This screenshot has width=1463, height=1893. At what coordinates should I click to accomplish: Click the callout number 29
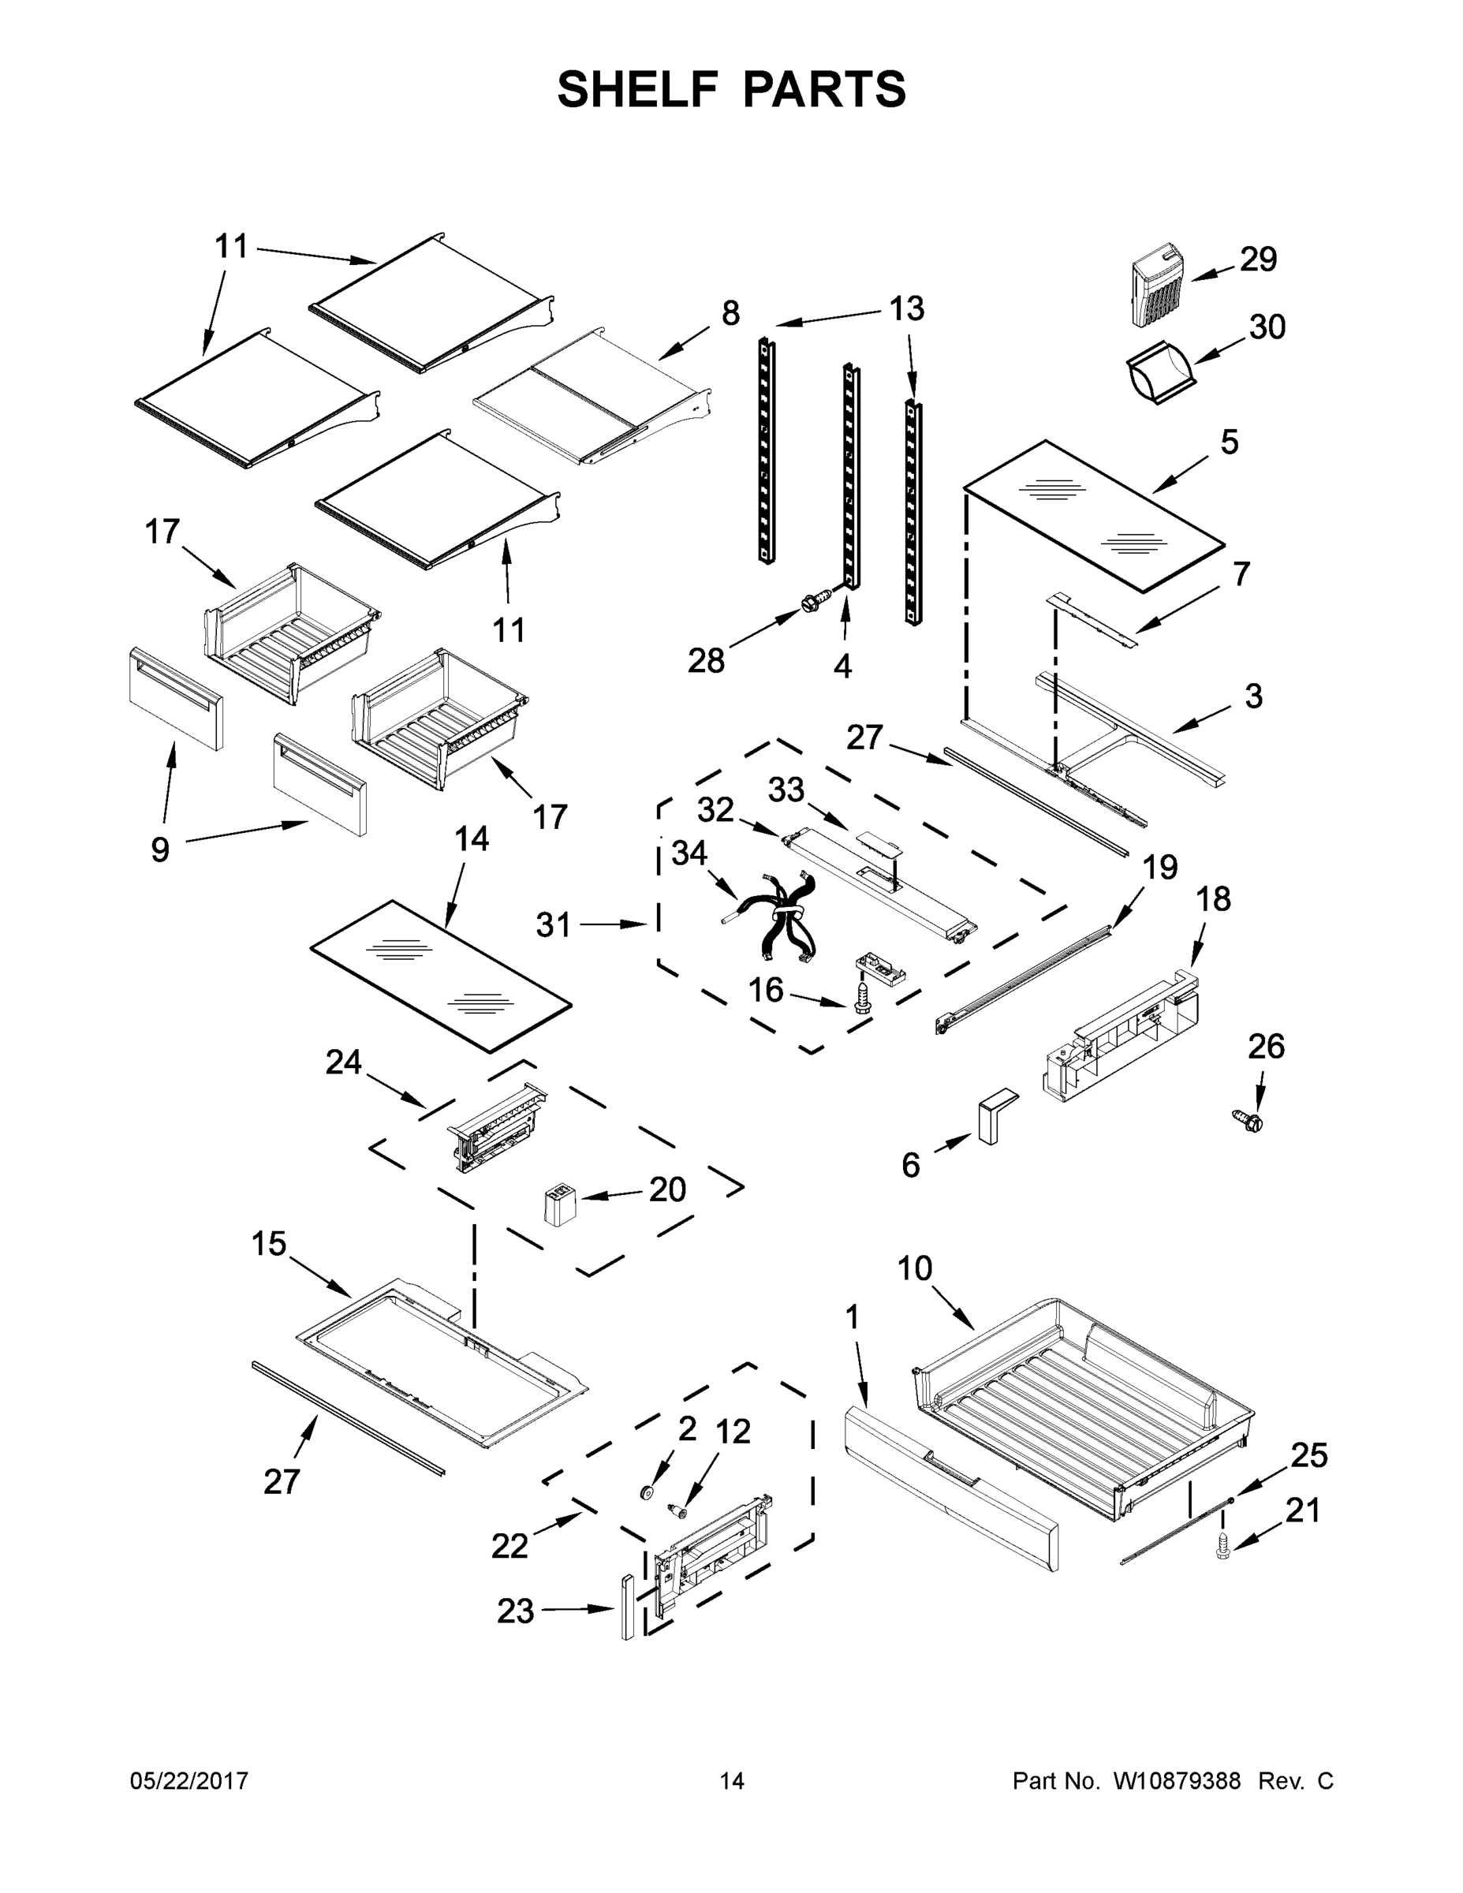(1258, 259)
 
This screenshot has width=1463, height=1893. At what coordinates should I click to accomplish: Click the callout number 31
(553, 925)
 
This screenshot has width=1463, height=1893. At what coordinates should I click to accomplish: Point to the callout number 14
(472, 838)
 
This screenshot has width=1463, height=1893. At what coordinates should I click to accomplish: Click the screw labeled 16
(862, 995)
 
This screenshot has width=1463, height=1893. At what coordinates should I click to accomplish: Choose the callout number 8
(730, 313)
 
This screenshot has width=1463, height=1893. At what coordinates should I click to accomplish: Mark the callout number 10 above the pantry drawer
(914, 1269)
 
